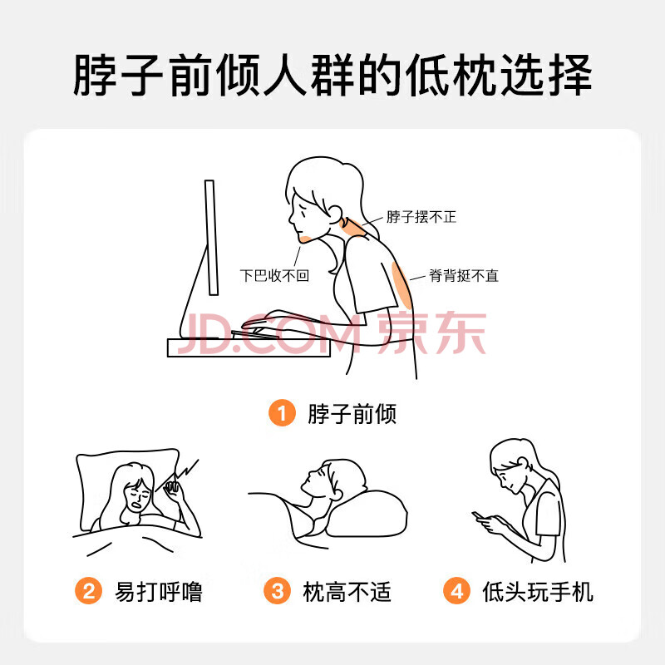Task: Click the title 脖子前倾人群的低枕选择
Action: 332,75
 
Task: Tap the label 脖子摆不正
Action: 421,217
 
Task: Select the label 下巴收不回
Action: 274,276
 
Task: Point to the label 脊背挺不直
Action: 464,276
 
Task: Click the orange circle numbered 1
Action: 282,412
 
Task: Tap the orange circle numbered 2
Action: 88,591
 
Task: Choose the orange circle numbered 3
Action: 277,591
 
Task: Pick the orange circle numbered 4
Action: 456,591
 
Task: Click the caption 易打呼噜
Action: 159,592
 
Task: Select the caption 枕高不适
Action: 347,592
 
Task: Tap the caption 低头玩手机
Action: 538,592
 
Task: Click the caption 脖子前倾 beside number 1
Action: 352,413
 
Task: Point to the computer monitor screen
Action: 211,238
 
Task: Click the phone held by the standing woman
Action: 479,515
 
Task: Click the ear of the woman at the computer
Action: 334,214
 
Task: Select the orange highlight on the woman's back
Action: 401,285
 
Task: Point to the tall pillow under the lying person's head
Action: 367,514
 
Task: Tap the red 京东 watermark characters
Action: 431,332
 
